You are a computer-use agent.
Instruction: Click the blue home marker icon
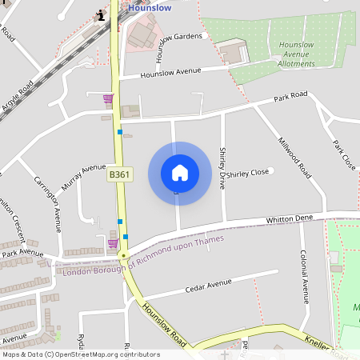pos(180,173)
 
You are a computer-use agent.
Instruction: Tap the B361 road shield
pos(119,174)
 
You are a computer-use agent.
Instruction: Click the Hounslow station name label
pos(150,7)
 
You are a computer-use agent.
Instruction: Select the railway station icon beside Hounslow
pos(100,14)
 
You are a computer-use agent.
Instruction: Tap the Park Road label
pos(290,96)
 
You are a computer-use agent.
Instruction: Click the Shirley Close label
pos(247,173)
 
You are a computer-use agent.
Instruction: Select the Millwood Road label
pos(294,155)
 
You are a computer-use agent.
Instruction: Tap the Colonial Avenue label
pos(304,277)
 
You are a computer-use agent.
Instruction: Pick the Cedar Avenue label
pos(207,285)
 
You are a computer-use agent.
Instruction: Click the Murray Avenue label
pos(82,172)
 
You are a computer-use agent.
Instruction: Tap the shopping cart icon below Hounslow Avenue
pos(108,98)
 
